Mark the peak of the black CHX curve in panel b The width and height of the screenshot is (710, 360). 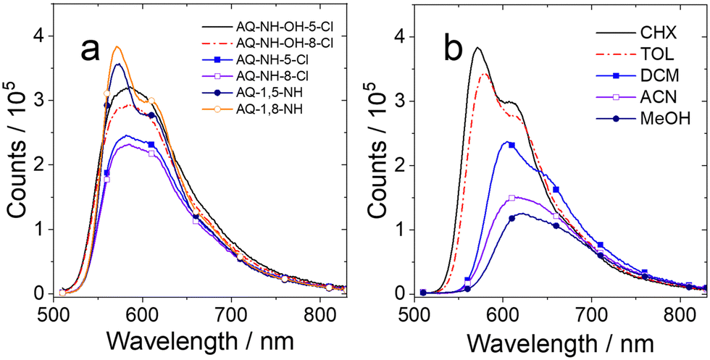pos(477,48)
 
